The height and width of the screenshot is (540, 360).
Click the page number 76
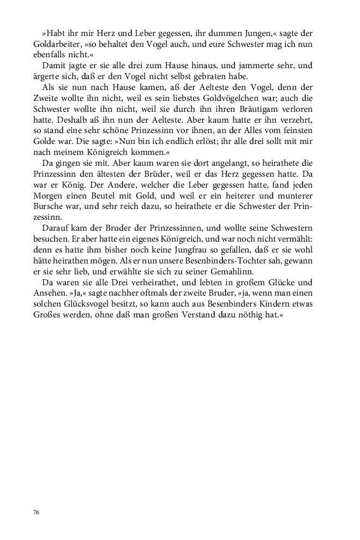click(x=36, y=513)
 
